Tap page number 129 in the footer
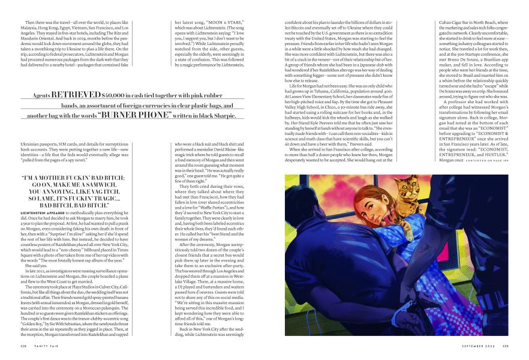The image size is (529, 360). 505,345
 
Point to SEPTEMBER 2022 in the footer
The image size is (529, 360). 476,345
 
